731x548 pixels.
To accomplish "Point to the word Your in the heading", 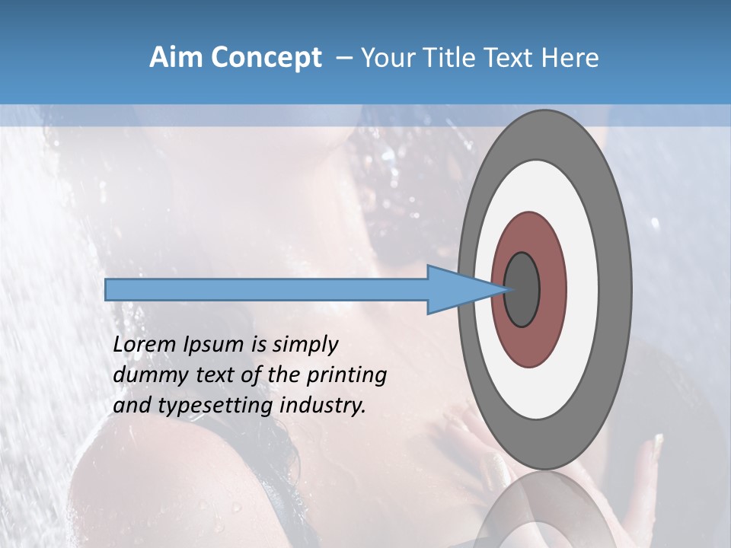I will (389, 58).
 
